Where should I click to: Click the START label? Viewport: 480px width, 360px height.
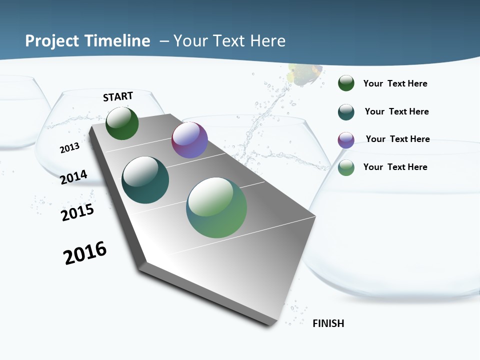[118, 96]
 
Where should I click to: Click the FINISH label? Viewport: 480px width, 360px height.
[328, 323]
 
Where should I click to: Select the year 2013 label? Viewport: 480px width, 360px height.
[69, 147]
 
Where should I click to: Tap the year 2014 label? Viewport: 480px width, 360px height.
[74, 177]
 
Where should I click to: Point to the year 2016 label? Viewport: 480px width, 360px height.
[85, 253]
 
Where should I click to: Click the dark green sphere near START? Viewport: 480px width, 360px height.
[122, 123]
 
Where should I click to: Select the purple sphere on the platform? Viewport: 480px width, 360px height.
[189, 140]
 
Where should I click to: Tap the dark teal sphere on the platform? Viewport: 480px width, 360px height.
[145, 180]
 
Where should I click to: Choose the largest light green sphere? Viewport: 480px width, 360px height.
[216, 207]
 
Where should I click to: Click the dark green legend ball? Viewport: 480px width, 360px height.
[346, 83]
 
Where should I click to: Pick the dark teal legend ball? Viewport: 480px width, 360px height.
[346, 111]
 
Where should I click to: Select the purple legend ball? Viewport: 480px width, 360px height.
[346, 139]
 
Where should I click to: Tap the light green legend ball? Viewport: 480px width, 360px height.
[346, 167]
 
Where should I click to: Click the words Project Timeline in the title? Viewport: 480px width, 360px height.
[87, 41]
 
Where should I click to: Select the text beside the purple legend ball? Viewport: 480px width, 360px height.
[397, 139]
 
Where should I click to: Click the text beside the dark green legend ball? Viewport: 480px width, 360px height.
[395, 83]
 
